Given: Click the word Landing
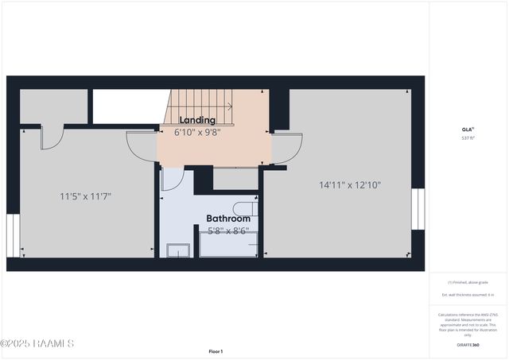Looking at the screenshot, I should click(x=197, y=120).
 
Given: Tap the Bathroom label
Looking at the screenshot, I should click(x=228, y=219).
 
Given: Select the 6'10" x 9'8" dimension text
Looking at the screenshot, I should click(x=197, y=132).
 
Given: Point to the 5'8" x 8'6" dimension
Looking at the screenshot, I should click(x=228, y=231).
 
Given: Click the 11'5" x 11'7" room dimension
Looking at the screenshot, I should click(x=85, y=195).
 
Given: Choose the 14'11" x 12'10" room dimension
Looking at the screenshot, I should click(x=350, y=185).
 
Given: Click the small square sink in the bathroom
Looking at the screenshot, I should click(x=177, y=250).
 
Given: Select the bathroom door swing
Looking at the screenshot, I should click(x=172, y=179).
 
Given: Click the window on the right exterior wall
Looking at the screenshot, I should click(x=416, y=209).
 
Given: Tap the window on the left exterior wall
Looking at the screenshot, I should click(x=11, y=236).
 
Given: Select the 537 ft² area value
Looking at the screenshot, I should click(x=468, y=137).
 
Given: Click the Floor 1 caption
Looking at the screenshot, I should click(x=216, y=351).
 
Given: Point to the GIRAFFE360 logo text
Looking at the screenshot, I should click(x=468, y=345).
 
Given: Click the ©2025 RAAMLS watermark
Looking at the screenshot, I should click(x=37, y=343).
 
